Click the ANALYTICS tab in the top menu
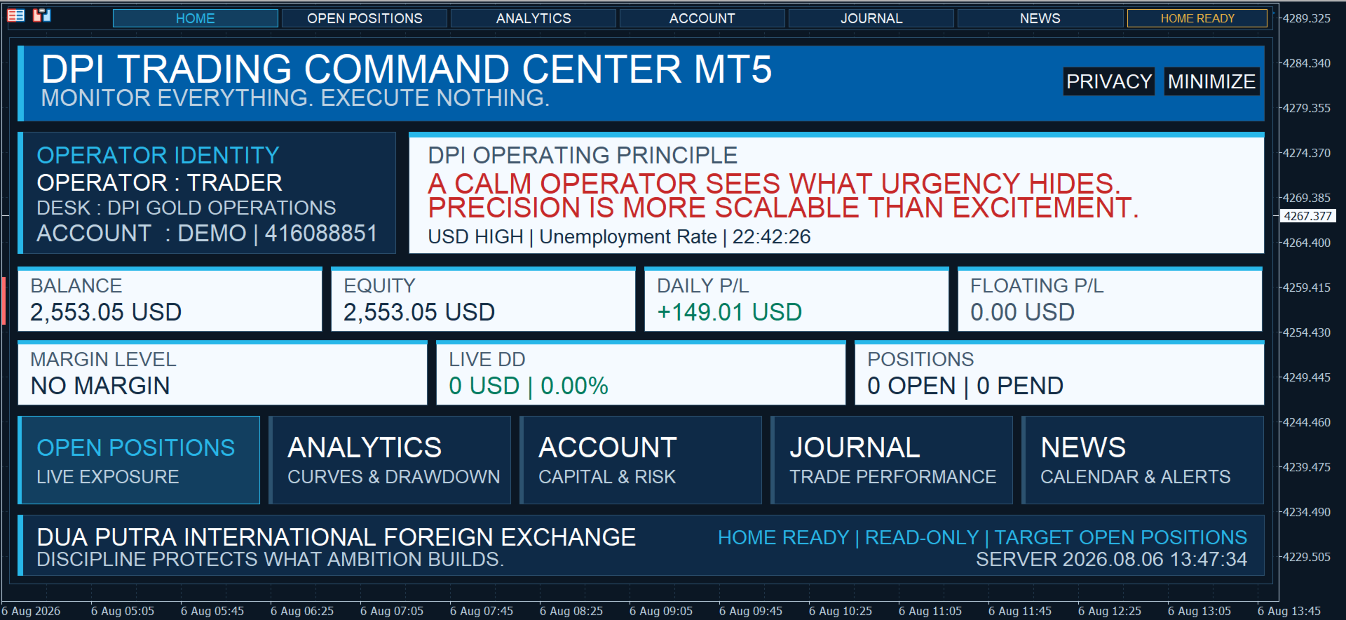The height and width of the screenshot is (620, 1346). [x=533, y=18]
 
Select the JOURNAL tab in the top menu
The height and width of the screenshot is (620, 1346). [x=871, y=18]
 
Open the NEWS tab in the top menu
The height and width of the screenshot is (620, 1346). [x=1040, y=18]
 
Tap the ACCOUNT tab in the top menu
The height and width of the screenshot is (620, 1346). [x=702, y=18]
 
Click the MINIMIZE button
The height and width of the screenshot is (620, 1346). [x=1211, y=81]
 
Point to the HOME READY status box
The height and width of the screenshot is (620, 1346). [x=1197, y=18]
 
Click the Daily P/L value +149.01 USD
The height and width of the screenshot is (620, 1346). [x=729, y=312]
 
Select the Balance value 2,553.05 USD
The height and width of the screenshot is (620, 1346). [x=106, y=312]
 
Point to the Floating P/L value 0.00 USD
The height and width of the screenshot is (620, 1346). [x=1022, y=312]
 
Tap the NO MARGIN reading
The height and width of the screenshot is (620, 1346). [x=100, y=386]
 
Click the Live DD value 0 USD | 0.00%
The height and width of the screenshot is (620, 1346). [x=529, y=386]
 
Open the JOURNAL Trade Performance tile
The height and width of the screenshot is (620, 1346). [x=892, y=460]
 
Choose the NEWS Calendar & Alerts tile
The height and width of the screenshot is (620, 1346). [x=1143, y=460]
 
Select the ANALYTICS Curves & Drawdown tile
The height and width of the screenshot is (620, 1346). [x=390, y=460]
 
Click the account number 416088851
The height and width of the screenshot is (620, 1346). [x=321, y=233]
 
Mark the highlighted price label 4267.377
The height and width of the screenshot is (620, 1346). [x=1308, y=216]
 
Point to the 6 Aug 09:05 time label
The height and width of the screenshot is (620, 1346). [x=660, y=611]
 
